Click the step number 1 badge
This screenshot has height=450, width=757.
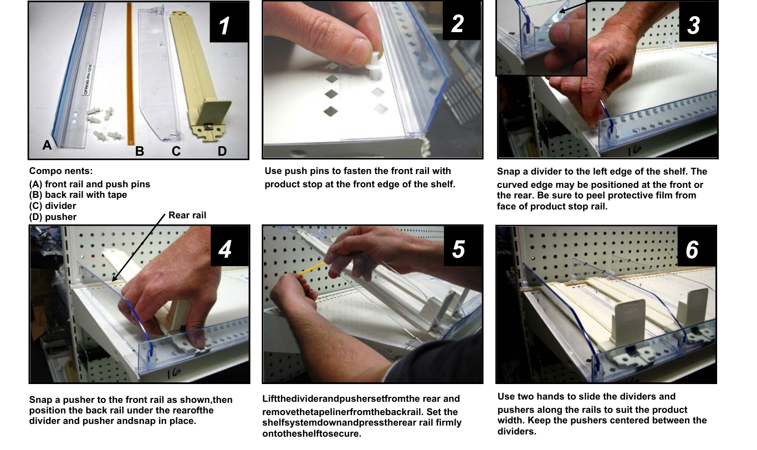coord(229,22)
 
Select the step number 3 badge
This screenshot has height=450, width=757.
coord(698,22)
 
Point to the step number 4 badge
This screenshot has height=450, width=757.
coord(230,246)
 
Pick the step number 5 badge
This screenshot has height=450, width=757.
coord(463,246)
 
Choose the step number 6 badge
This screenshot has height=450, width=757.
coord(697,247)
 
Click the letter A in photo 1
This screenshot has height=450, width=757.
coord(47,145)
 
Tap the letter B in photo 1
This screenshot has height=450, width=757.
coord(140,151)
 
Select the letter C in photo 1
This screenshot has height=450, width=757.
coord(176,151)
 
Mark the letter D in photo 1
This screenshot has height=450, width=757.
coord(222,151)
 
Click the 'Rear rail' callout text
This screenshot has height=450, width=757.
coord(187,215)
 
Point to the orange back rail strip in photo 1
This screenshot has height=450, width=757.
coord(130,74)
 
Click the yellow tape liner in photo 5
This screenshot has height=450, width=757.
coord(311,269)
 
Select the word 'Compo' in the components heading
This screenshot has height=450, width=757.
coord(43,171)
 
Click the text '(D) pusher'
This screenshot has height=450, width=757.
coord(53,217)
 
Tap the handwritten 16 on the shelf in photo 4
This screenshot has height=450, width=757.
coord(173,373)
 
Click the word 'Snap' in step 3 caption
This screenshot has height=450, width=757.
coord(509,172)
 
